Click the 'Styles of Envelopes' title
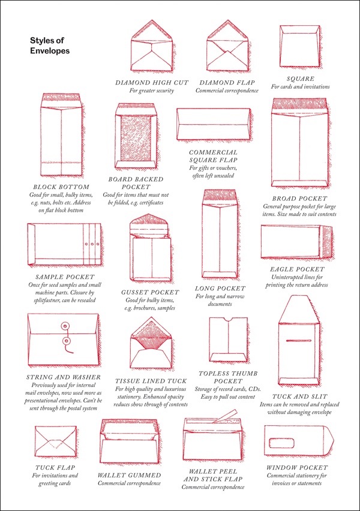coord(50,46)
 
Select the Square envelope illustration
coord(299,47)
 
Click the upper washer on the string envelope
coord(65,326)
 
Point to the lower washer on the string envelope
coord(67,341)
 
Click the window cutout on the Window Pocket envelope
coord(282,443)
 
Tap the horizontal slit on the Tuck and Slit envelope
coord(299,341)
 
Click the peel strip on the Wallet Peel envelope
coord(224,416)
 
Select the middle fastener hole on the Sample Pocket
coord(92,244)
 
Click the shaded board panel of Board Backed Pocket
coord(136,137)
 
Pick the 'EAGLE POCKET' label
coord(298,269)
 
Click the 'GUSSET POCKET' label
coord(150,292)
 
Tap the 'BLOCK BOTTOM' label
coord(61,187)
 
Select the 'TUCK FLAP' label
coord(55,468)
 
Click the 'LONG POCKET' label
coord(220,288)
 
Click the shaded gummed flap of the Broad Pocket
coord(299,105)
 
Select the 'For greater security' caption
coord(151,91)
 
